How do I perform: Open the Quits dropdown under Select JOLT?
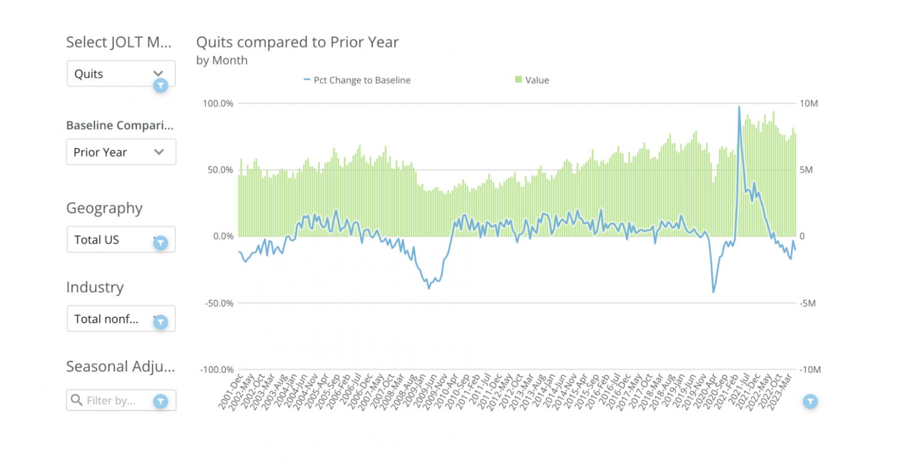click(x=120, y=74)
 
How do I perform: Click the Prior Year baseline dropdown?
click(x=120, y=152)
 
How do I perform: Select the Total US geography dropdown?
click(x=120, y=239)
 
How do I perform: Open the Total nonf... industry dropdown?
click(x=120, y=319)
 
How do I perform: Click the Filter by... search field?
click(x=114, y=400)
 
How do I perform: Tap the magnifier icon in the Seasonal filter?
click(x=76, y=400)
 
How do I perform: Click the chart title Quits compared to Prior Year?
click(x=297, y=42)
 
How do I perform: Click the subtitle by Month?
click(x=222, y=60)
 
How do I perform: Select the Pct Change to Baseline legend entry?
click(x=357, y=80)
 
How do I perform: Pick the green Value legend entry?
click(x=532, y=80)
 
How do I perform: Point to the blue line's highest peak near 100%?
click(x=739, y=107)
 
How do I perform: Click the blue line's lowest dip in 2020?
click(x=713, y=292)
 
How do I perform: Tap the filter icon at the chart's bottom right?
click(x=810, y=401)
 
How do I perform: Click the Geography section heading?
click(x=104, y=208)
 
